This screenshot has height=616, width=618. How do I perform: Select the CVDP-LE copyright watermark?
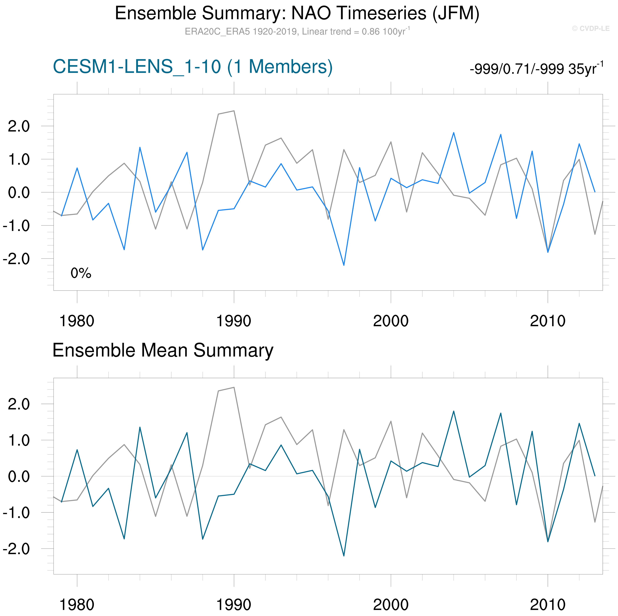pyautogui.click(x=590, y=28)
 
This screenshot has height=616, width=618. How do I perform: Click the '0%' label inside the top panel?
pyautogui.click(x=81, y=273)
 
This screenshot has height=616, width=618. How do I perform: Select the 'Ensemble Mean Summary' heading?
pyautogui.click(x=163, y=350)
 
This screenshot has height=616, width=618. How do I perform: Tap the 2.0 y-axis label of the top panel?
pyautogui.click(x=18, y=127)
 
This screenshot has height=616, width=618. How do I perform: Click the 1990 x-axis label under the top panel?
pyautogui.click(x=234, y=321)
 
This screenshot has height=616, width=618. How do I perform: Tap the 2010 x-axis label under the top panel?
pyautogui.click(x=548, y=321)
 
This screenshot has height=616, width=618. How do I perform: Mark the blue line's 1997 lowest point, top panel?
pyautogui.click(x=344, y=265)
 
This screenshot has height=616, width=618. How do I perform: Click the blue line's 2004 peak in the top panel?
pyautogui.click(x=454, y=133)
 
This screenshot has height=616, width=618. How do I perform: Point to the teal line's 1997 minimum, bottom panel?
pyautogui.click(x=344, y=556)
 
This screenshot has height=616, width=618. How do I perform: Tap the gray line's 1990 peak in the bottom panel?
pyautogui.click(x=234, y=387)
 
